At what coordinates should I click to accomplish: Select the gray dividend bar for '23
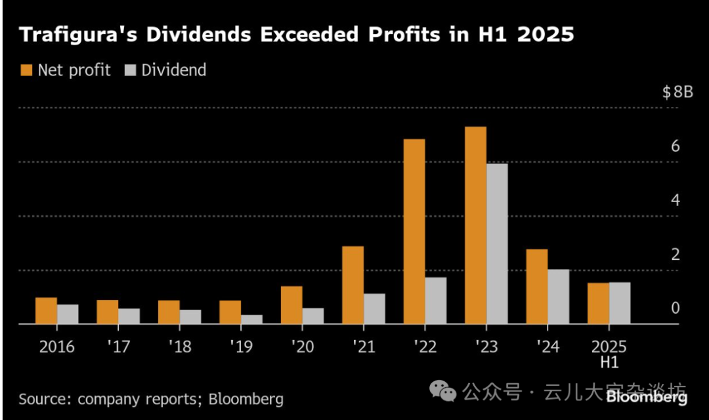click(497, 243)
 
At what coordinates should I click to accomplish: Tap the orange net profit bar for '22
click(414, 232)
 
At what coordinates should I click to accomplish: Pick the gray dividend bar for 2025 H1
click(620, 303)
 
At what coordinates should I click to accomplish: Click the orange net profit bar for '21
click(353, 285)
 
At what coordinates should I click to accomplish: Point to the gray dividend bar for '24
click(559, 297)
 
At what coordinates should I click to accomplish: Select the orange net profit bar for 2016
click(46, 310)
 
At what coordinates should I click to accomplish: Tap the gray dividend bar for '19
click(251, 319)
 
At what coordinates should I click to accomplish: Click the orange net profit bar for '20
click(291, 305)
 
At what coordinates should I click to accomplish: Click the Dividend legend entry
click(165, 70)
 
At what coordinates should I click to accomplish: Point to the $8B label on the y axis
click(677, 92)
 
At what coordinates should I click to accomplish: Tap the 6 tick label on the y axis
click(675, 146)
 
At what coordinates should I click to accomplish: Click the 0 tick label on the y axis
click(676, 308)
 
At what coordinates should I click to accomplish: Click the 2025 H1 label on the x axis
click(609, 353)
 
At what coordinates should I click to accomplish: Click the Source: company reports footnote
click(151, 399)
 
